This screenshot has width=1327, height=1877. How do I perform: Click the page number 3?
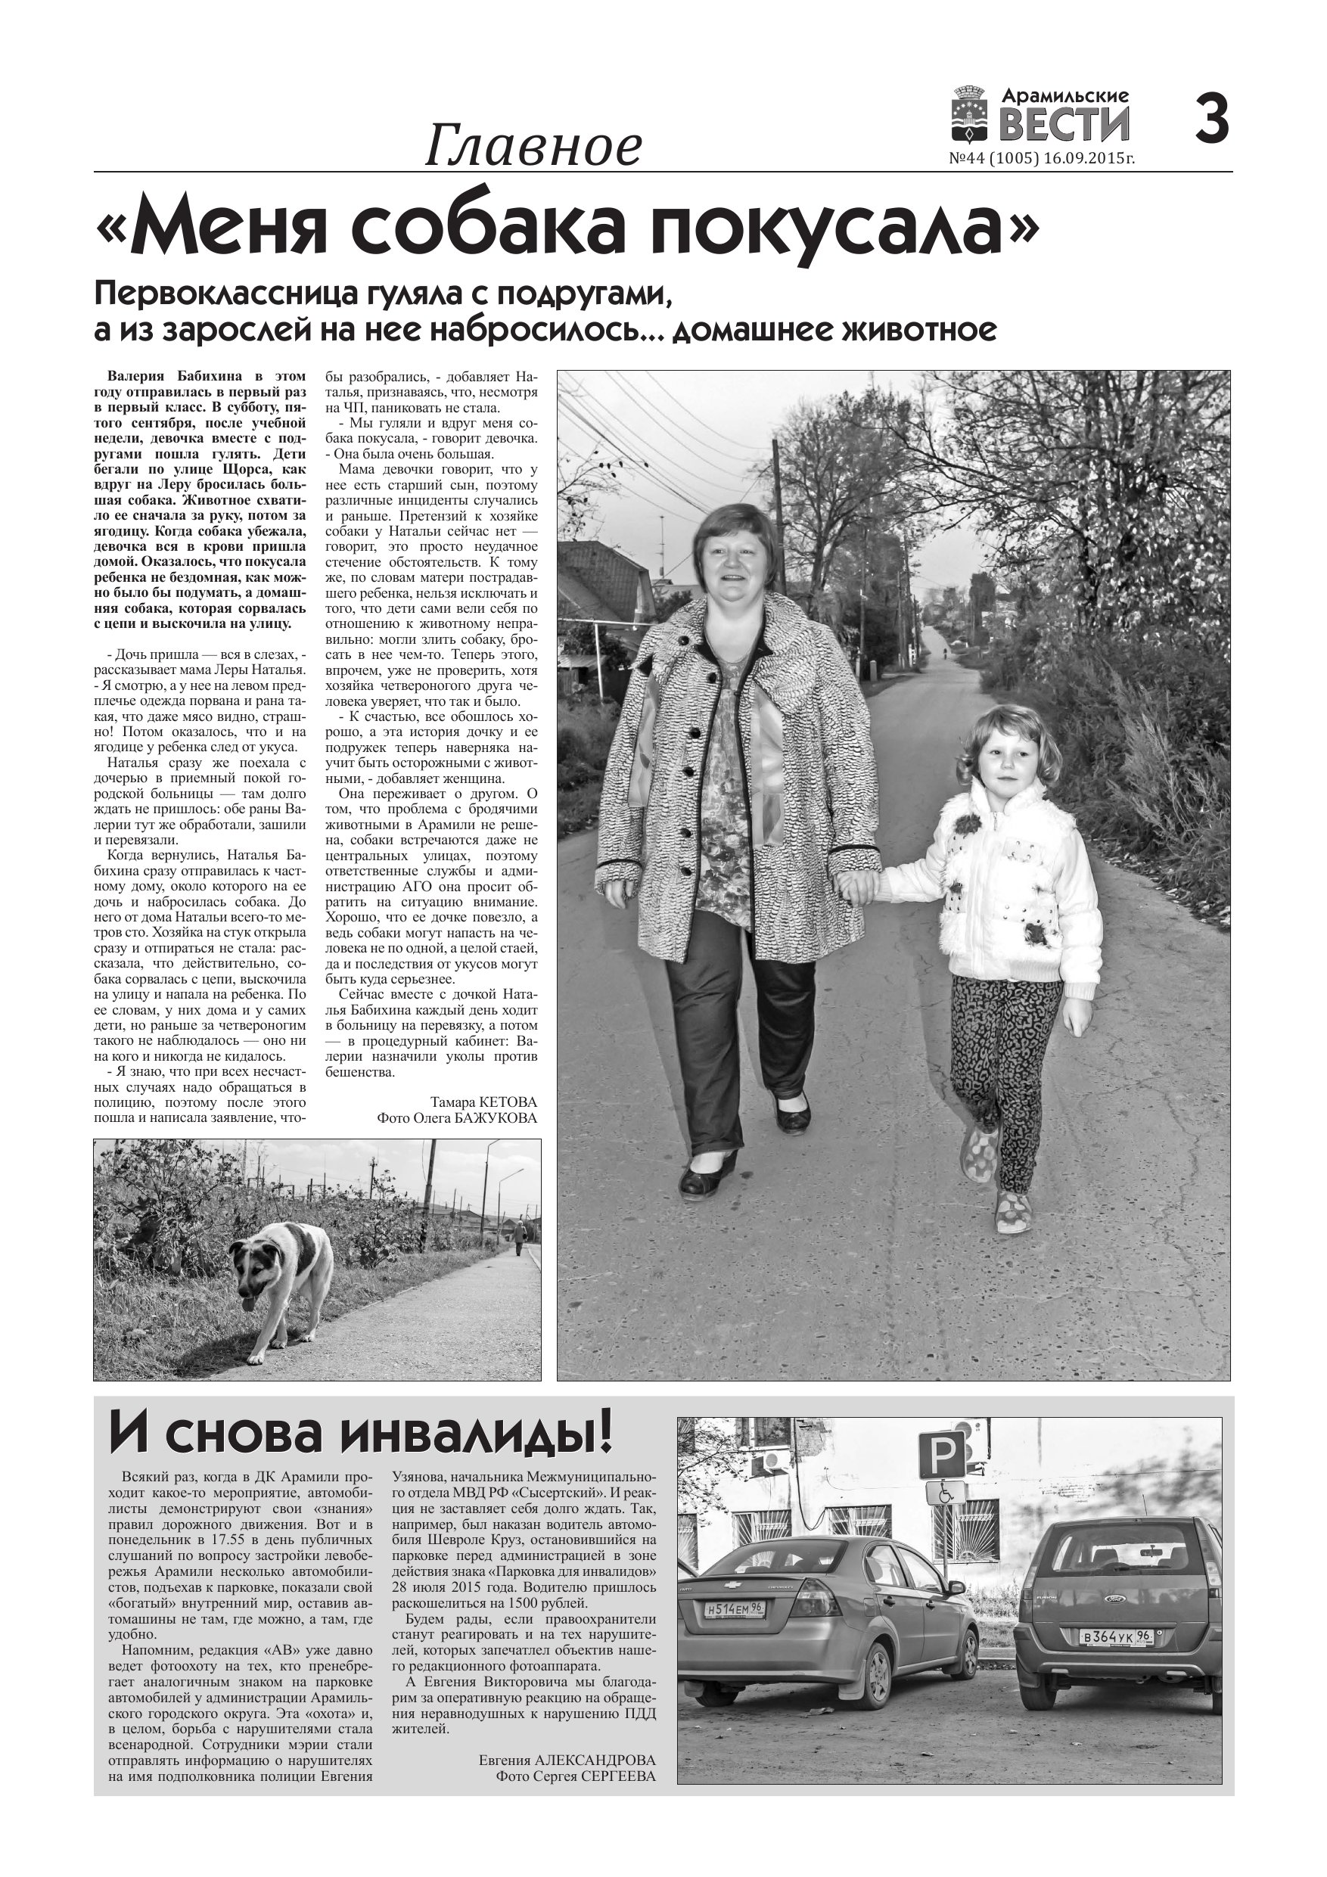click(x=1211, y=120)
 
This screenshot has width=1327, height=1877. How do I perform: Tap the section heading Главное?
click(x=533, y=148)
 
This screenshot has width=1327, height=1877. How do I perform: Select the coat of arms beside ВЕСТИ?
click(x=971, y=116)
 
